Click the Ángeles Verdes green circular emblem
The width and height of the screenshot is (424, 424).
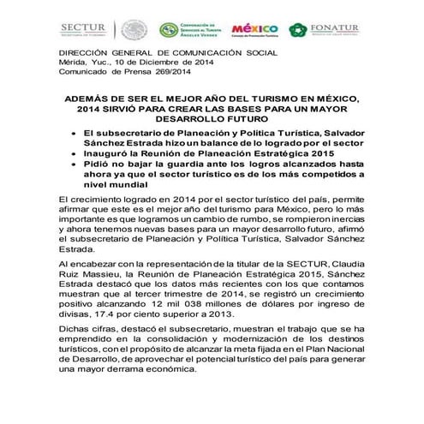click(170, 29)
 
